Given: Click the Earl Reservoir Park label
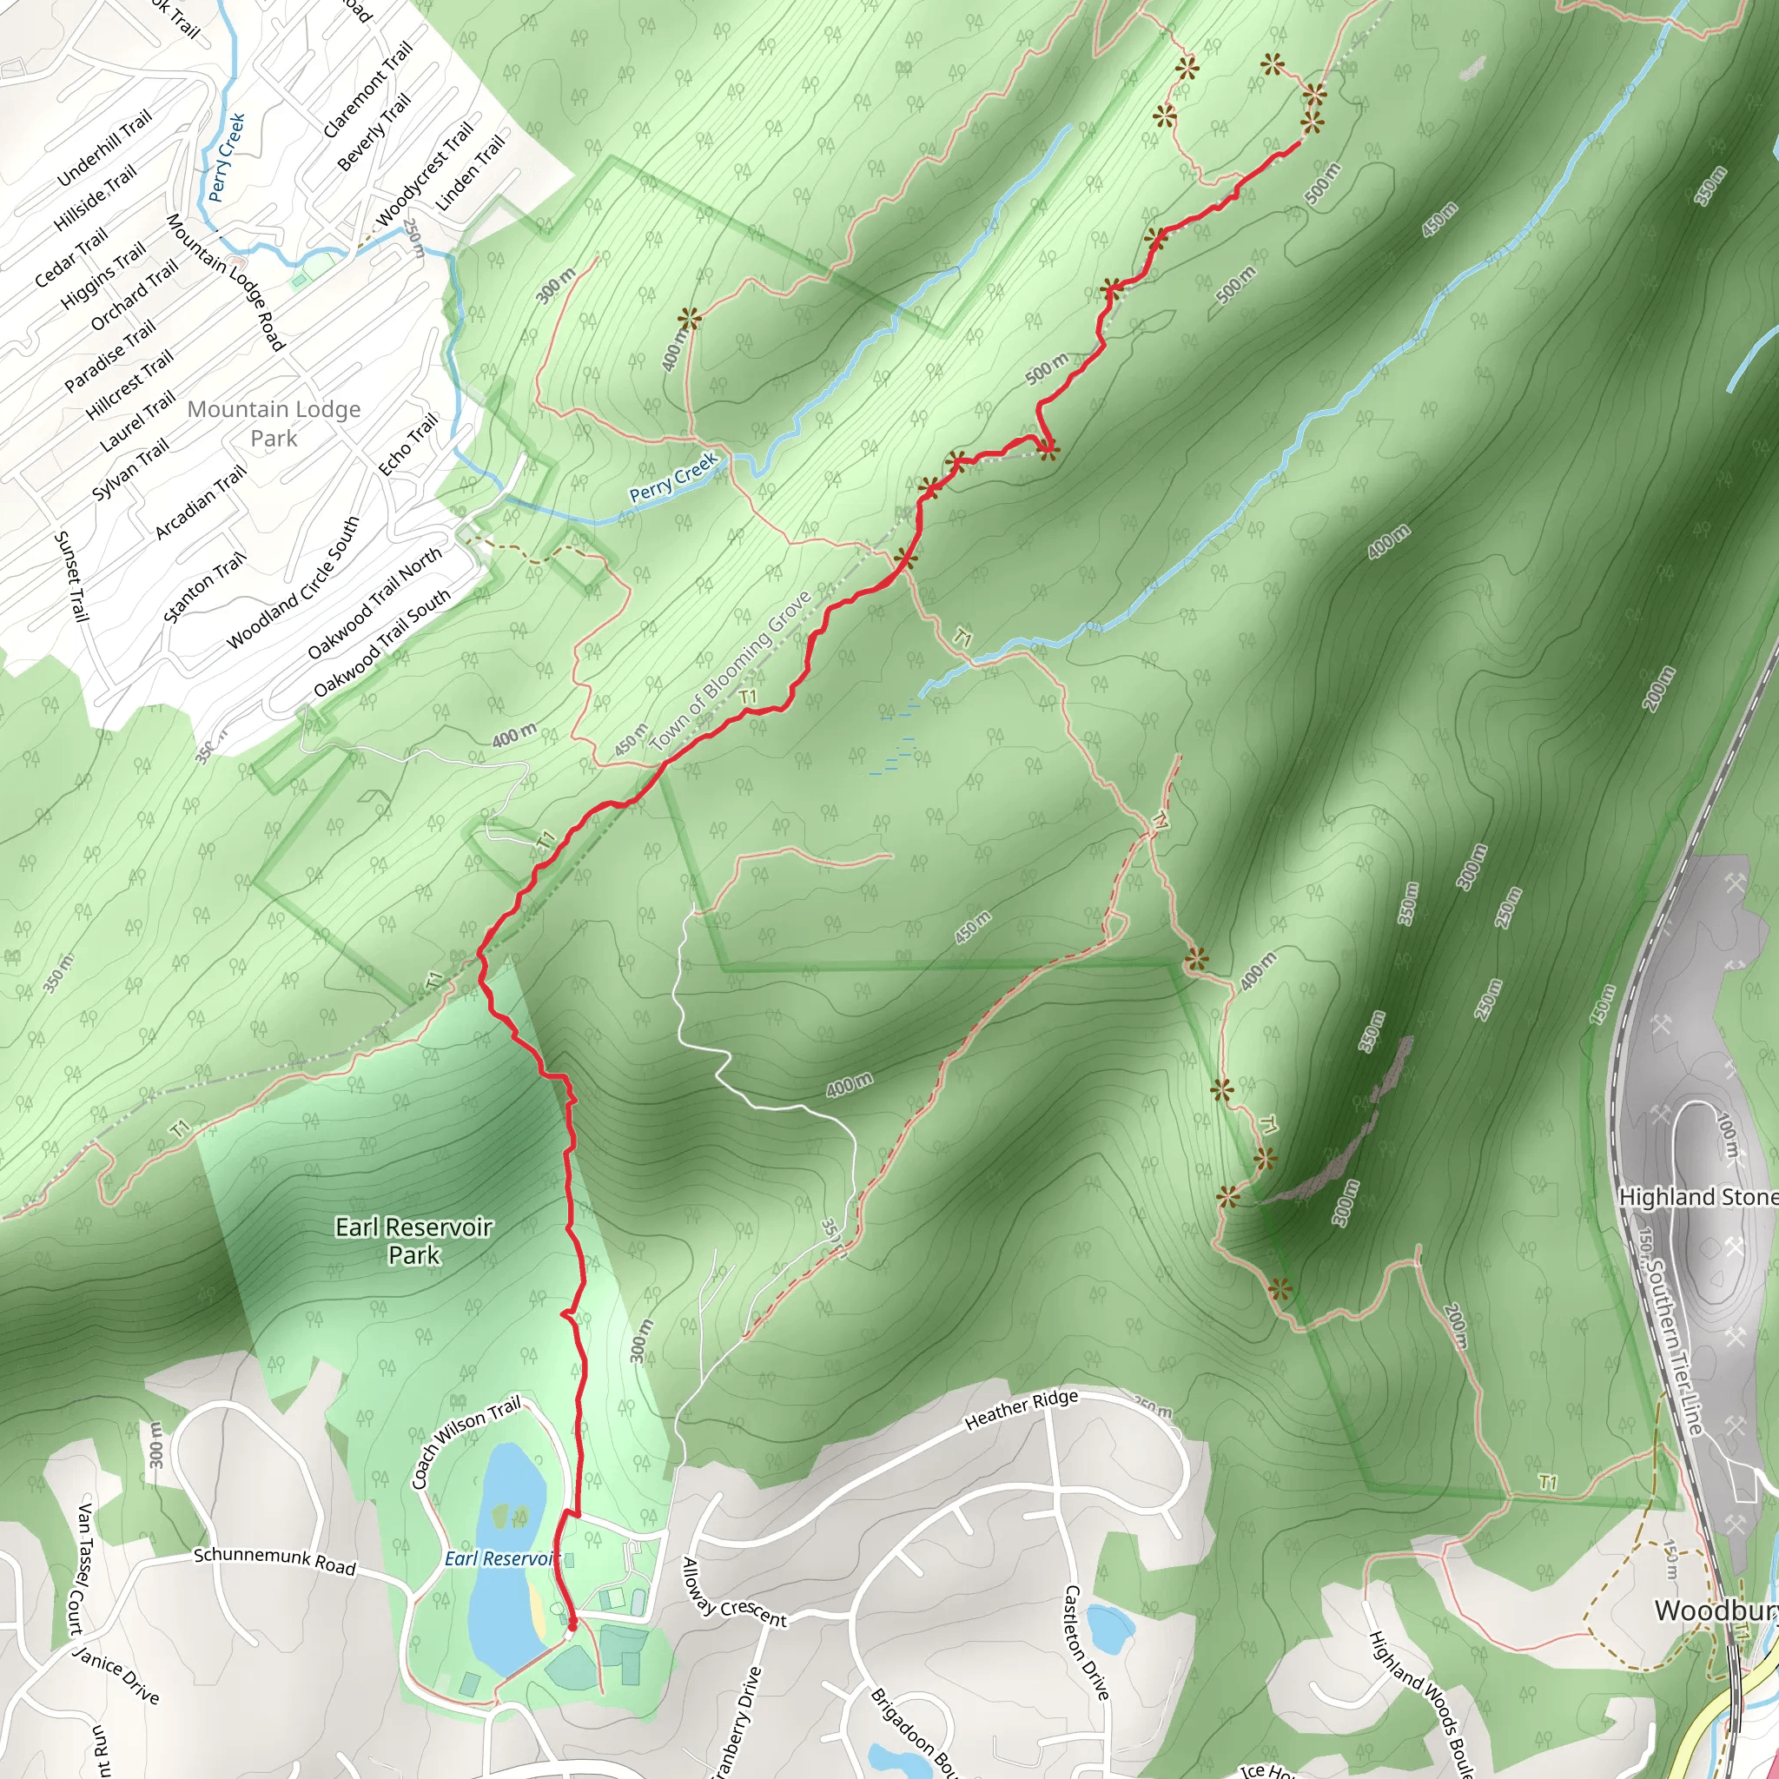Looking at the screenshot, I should tap(413, 1240).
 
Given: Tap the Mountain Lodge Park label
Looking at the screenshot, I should tap(274, 423).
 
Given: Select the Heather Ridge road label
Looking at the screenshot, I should tap(1022, 1410).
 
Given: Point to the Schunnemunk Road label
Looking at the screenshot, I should tap(274, 1561).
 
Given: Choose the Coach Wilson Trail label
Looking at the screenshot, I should tap(466, 1441).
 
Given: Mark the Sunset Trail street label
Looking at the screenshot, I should tap(71, 576).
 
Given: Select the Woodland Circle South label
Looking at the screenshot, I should tap(293, 583).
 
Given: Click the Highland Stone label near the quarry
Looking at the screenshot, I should tap(1697, 1197).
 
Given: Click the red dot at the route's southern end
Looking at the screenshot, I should tap(572, 1626).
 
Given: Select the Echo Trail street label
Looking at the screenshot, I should tap(408, 445).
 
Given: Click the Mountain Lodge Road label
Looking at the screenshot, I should tap(225, 281).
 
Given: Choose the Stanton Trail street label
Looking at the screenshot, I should tap(204, 586).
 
